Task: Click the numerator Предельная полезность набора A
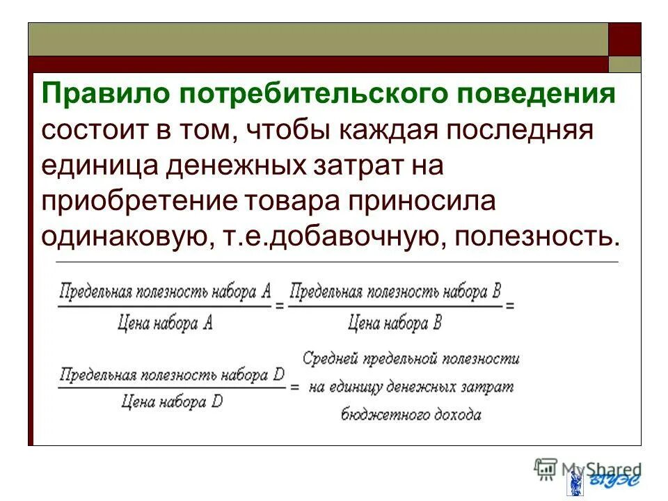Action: (x=165, y=292)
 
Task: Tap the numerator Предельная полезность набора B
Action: (x=395, y=292)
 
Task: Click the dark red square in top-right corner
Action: (x=625, y=39)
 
